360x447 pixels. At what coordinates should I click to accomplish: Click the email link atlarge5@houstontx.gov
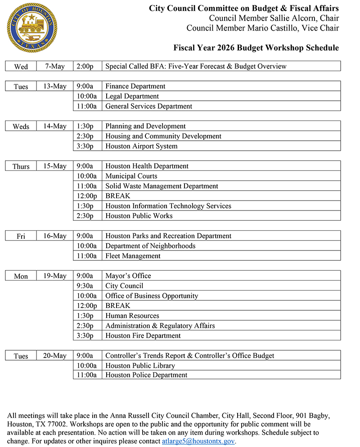(198, 441)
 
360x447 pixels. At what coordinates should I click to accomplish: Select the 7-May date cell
(54, 67)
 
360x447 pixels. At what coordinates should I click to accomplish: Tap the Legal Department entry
(132, 96)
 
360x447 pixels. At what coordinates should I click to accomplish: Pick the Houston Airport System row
(141, 146)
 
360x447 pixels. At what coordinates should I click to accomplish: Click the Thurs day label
(21, 166)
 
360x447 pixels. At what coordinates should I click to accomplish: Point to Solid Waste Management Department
(162, 186)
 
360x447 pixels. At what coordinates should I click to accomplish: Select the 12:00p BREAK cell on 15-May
(117, 196)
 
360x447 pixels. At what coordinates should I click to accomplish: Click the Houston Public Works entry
(139, 216)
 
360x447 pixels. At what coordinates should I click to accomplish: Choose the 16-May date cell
(54, 236)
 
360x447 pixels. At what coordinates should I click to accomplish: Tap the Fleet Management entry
(133, 256)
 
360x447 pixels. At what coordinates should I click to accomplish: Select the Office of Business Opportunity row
(152, 296)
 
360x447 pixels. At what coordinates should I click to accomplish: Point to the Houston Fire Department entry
(143, 335)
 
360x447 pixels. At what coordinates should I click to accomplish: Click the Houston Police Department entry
(146, 375)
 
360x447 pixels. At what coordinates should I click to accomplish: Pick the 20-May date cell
(54, 356)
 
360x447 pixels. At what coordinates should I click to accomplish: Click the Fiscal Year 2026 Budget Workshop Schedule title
(256, 48)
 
